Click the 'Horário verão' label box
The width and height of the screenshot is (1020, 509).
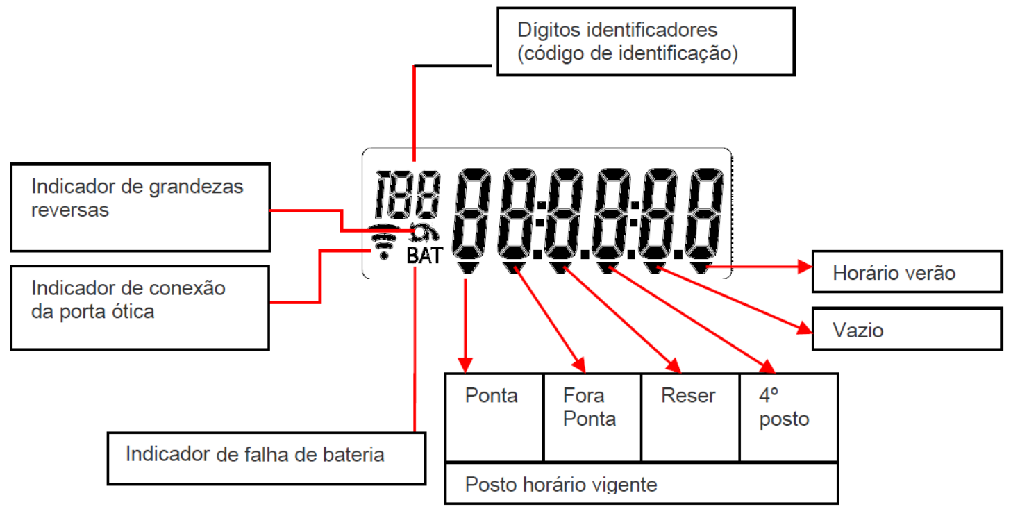pyautogui.click(x=907, y=272)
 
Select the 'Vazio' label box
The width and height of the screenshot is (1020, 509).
pyautogui.click(x=907, y=329)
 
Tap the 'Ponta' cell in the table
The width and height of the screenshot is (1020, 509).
pyautogui.click(x=494, y=417)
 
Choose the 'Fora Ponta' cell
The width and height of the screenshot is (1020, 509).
pyautogui.click(x=592, y=417)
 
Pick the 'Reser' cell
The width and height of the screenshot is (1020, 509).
pyautogui.click(x=690, y=417)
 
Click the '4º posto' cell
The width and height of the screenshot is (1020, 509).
pyautogui.click(x=789, y=417)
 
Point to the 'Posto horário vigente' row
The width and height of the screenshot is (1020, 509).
pyautogui.click(x=642, y=483)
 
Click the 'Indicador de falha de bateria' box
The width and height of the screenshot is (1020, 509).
pyautogui.click(x=267, y=458)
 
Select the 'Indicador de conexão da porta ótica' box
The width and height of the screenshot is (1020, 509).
pyautogui.click(x=140, y=308)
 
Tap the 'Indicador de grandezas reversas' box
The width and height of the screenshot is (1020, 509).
pyautogui.click(x=140, y=207)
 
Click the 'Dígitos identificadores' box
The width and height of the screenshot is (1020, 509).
pyautogui.click(x=646, y=42)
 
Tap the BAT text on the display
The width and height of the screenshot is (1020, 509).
pyautogui.click(x=424, y=256)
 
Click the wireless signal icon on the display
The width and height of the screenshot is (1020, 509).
pyautogui.click(x=384, y=242)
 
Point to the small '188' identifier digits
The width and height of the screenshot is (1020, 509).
pyautogui.click(x=408, y=194)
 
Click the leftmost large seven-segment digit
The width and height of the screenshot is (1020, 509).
pyautogui.click(x=471, y=214)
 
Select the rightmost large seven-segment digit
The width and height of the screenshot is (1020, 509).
pyautogui.click(x=705, y=214)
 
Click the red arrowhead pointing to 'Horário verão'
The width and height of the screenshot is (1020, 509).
pyautogui.click(x=805, y=267)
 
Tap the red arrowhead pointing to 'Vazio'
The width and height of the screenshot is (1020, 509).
pyautogui.click(x=805, y=328)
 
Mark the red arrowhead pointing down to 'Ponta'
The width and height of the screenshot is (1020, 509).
pyautogui.click(x=465, y=365)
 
